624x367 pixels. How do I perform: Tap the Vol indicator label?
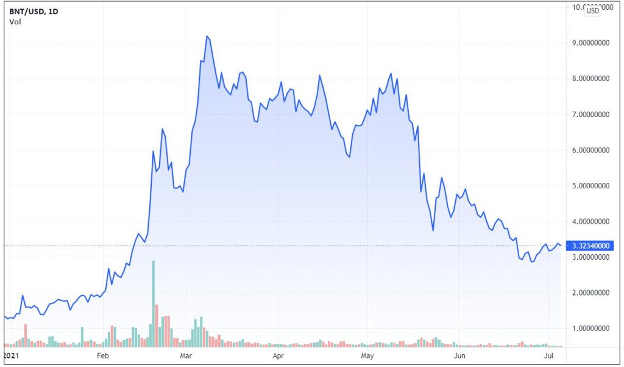14,22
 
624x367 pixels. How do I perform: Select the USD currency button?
592,12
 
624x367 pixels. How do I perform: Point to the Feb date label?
102,355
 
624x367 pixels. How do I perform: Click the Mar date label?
186,355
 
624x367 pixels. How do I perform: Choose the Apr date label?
278,355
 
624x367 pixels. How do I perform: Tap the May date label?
367,355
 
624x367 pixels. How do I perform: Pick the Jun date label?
460,355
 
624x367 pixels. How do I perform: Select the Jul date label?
550,355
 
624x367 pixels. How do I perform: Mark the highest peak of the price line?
207,37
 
